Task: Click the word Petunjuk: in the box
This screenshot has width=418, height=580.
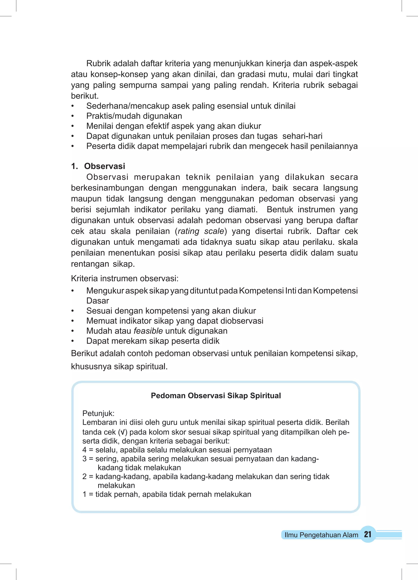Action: click(98, 413)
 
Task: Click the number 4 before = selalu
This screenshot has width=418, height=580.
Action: click(84, 450)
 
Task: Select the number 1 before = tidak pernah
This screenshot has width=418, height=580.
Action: click(84, 494)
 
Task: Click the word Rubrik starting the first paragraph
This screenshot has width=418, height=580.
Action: click(98, 63)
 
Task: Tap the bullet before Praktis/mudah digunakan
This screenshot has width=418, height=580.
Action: click(73, 116)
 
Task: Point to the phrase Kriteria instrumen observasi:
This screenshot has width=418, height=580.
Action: click(125, 278)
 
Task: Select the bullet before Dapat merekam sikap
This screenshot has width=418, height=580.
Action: click(73, 341)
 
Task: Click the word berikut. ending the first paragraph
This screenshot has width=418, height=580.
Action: click(85, 96)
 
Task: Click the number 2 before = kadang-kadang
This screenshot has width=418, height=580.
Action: click(84, 476)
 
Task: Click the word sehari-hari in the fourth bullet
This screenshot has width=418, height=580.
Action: click(302, 136)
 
